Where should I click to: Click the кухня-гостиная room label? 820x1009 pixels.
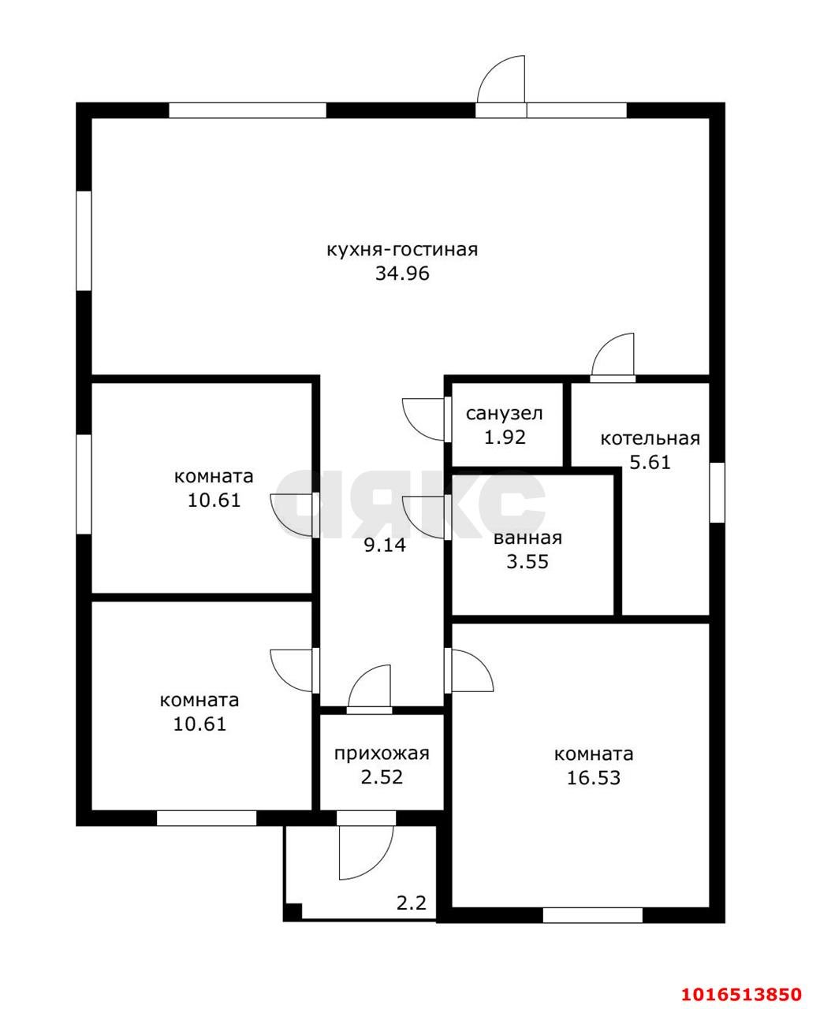[x=402, y=250]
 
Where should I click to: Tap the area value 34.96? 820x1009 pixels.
[x=402, y=274]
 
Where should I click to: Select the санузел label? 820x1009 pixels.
[x=504, y=414]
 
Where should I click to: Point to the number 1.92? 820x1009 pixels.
[x=505, y=437]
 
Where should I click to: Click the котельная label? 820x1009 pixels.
[x=650, y=438]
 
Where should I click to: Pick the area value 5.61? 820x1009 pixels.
[x=650, y=463]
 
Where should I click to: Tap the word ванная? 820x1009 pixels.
[x=527, y=538]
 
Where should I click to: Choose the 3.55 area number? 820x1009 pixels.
[x=527, y=562]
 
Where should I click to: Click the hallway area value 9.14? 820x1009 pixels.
[x=385, y=545]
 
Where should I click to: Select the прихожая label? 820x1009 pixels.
[x=382, y=754]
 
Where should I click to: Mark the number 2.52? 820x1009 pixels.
[x=382, y=777]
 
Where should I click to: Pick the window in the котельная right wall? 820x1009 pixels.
[x=717, y=493]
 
